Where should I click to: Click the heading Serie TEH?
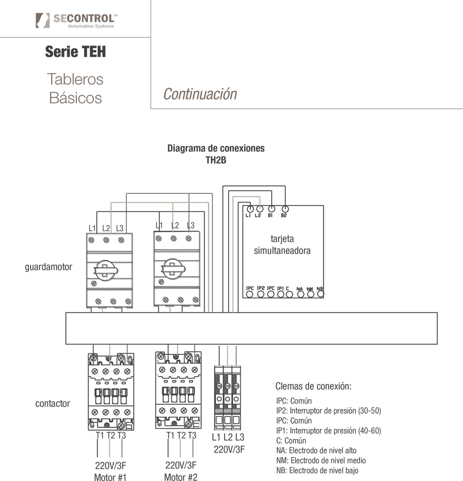[75, 52]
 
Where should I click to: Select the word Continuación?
[200, 94]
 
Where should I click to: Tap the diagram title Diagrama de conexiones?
[216, 148]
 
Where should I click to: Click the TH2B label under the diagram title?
[216, 160]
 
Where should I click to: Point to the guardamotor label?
[48, 267]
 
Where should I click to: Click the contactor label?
[53, 404]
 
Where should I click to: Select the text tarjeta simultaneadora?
[282, 245]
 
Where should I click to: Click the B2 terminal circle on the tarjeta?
[285, 209]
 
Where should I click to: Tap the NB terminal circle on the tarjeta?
[321, 294]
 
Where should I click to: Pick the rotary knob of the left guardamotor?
[106, 270]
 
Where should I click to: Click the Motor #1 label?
[110, 477]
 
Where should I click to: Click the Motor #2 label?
[181, 477]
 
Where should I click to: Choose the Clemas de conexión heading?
[313, 386]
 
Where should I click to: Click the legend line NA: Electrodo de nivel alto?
[316, 451]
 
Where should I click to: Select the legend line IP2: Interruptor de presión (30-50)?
[328, 411]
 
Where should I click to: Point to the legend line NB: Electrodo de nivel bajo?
[317, 471]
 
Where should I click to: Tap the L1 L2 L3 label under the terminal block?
[228, 437]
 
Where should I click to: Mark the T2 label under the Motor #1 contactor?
[111, 436]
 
